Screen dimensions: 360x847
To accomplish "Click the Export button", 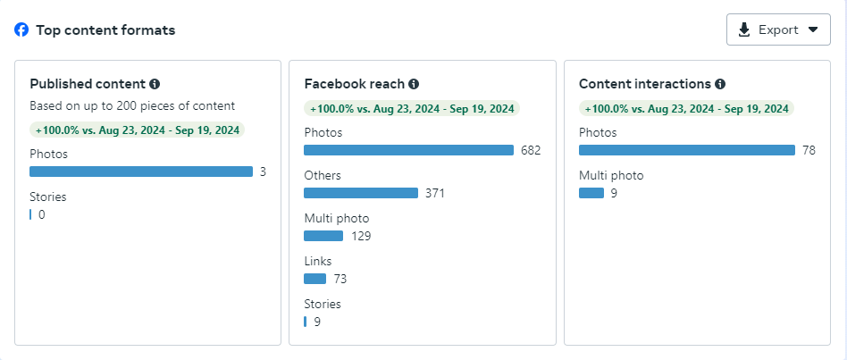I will coord(778,29).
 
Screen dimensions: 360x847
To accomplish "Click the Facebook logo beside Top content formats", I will coord(21,29).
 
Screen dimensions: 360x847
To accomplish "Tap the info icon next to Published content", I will coord(155,84).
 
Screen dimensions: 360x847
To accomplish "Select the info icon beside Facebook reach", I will coord(414,84).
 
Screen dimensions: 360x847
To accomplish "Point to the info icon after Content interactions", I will coord(720,84).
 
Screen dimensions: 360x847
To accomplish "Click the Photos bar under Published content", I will coord(141,172).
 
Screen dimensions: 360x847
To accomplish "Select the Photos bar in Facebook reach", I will coord(408,150).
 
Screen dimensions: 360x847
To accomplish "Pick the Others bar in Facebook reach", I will coord(361,193).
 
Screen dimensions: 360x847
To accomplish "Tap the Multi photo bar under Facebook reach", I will coord(323,236).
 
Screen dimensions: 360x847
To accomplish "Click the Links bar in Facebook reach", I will coord(314,279).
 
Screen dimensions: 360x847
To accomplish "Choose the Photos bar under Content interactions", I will coord(686,150).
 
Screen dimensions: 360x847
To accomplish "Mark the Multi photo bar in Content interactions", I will coord(591,193).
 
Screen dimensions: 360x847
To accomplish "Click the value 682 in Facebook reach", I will coord(531,150).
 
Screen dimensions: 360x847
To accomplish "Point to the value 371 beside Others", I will coord(435,193).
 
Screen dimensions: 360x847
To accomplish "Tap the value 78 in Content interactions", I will coord(809,150).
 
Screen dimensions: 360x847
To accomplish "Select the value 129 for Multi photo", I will coord(360,236).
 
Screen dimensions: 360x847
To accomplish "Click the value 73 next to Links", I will coord(340,279).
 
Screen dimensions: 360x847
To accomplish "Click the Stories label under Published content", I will coord(48,197).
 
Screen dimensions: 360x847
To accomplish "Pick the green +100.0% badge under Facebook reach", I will coord(412,108).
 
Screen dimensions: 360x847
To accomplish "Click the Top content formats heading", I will coord(105,30).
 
